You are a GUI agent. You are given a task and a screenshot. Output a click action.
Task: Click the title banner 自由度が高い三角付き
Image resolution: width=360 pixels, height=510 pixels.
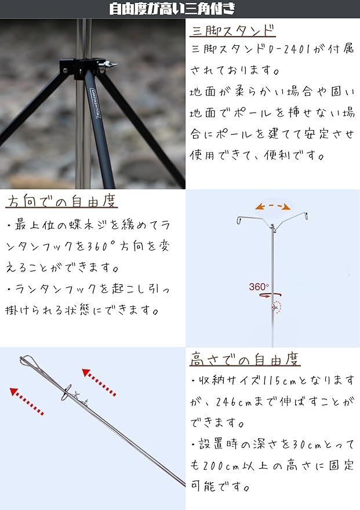180,9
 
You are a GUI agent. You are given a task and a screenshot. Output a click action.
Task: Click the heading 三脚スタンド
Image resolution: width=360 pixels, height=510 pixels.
232,30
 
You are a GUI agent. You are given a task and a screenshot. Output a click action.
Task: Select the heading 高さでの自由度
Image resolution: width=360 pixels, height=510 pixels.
245,359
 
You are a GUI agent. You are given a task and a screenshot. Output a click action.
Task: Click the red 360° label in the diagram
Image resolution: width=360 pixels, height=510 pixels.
259,287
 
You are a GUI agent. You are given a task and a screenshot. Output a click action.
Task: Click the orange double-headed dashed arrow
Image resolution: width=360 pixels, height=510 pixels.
273,206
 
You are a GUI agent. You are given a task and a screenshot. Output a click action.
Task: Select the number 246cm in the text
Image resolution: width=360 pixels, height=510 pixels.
232,402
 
